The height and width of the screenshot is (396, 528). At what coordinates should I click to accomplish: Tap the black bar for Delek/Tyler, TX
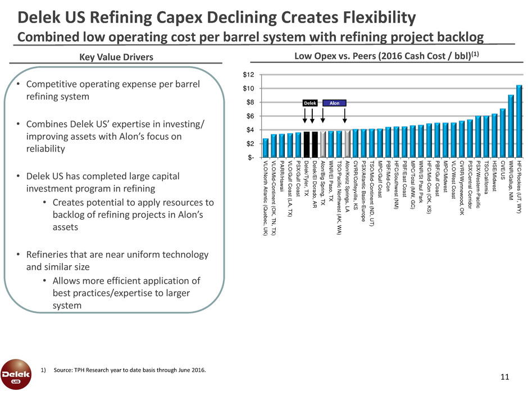pyautogui.click(x=307, y=137)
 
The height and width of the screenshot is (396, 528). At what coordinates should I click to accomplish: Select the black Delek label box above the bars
pyautogui.click(x=310, y=103)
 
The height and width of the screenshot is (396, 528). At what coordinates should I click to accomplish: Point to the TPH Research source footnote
pyautogui.click(x=130, y=371)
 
